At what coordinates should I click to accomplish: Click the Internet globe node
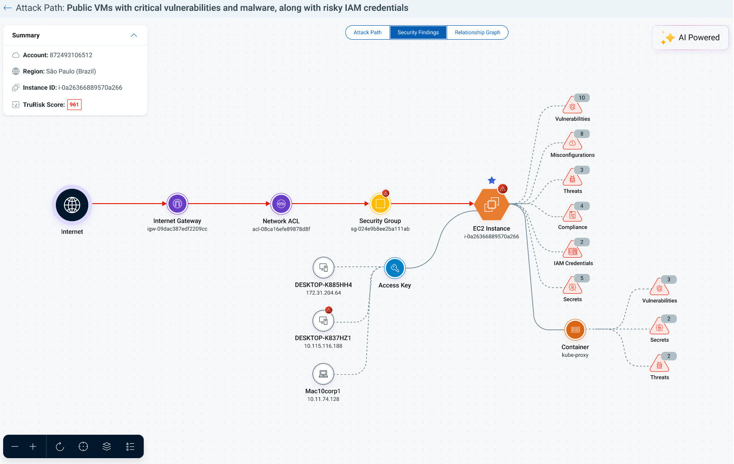click(72, 205)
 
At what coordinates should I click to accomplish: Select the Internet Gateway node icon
click(177, 204)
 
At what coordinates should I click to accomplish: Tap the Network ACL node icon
click(281, 204)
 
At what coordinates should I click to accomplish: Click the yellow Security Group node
click(380, 204)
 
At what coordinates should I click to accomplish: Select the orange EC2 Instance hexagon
click(492, 204)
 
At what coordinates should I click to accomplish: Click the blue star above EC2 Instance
click(492, 180)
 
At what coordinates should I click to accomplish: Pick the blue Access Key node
click(394, 268)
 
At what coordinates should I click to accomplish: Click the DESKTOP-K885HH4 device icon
click(323, 268)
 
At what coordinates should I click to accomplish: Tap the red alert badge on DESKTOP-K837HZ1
click(328, 310)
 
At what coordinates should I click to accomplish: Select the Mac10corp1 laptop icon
click(323, 374)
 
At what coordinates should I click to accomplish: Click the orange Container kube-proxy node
click(575, 330)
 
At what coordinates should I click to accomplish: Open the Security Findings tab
click(418, 32)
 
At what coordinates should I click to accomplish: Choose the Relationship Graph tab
click(477, 32)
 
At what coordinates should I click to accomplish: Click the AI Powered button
click(690, 38)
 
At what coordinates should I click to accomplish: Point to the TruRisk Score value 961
click(74, 105)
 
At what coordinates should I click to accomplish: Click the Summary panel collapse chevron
click(134, 36)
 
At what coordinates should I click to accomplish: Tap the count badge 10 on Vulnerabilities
click(582, 98)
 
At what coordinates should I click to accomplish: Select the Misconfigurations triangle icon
click(572, 141)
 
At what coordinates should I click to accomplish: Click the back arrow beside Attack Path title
click(8, 8)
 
